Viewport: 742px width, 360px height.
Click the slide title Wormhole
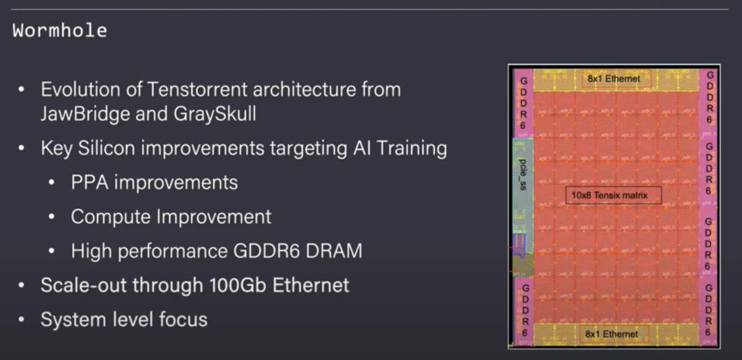(x=60, y=31)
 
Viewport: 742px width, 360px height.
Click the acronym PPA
(x=90, y=183)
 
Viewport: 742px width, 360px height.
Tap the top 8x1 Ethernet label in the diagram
(x=612, y=78)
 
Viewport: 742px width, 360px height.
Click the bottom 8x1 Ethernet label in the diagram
(x=611, y=335)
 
